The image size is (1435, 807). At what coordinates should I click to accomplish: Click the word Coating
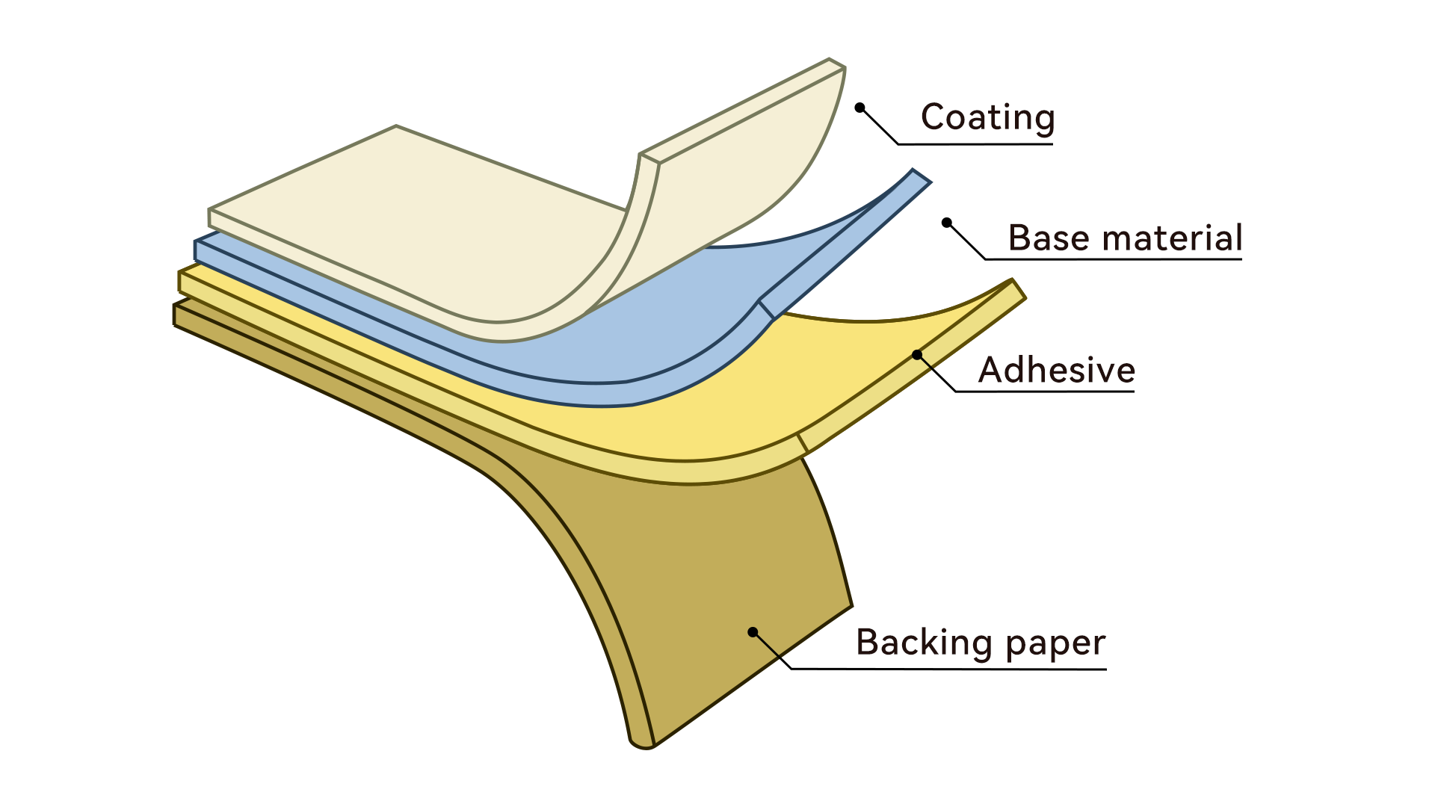[987, 118]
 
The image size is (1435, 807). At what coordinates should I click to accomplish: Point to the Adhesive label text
[1057, 370]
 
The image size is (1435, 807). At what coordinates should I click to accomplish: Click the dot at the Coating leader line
[860, 108]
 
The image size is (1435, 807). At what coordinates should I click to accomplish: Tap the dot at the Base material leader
[947, 223]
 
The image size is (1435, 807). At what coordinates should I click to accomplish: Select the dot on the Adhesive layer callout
[917, 355]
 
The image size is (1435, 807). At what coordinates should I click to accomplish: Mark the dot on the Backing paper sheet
[753, 632]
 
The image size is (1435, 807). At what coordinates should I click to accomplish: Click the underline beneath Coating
[975, 143]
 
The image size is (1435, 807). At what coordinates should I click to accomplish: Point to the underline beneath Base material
[1114, 259]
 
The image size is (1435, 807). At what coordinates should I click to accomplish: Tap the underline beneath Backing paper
[949, 669]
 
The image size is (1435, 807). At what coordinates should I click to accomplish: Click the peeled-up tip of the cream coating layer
[836, 64]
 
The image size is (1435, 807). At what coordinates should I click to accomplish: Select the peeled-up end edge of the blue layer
[921, 177]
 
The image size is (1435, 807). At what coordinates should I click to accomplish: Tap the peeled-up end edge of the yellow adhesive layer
[1018, 289]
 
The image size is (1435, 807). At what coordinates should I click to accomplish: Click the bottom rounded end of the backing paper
[641, 744]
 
